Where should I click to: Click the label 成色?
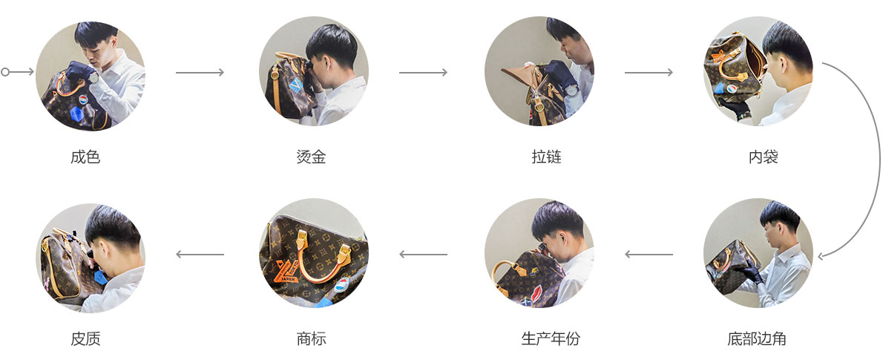point(85,157)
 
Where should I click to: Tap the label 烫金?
point(311,157)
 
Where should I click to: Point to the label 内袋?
point(763,157)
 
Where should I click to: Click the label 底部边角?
point(757,339)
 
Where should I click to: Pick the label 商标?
point(311,339)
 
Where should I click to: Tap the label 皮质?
point(85,339)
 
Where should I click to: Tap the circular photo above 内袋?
point(758,72)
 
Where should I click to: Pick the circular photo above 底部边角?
point(758,254)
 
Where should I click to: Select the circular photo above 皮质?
point(91,254)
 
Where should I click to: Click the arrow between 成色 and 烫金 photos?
point(200,72)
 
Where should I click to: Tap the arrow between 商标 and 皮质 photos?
point(200,255)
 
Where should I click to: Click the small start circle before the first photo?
point(6,72)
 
